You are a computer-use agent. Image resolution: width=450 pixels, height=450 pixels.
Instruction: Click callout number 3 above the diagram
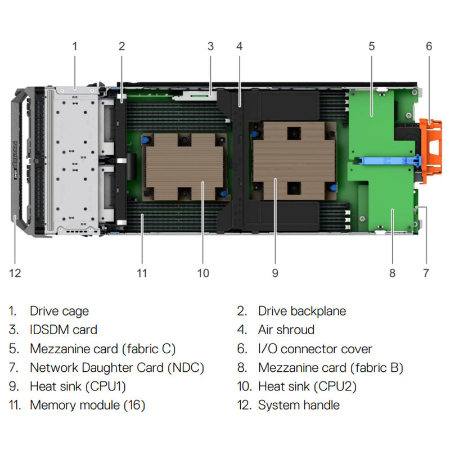[x=210, y=46]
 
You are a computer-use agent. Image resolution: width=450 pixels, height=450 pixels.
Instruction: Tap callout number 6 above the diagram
[x=429, y=46]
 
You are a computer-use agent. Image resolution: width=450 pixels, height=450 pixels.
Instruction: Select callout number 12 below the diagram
[x=15, y=273]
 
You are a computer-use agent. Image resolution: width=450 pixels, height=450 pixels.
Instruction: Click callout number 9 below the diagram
[x=275, y=273]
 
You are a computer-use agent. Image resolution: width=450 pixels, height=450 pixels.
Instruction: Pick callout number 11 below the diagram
[x=142, y=273]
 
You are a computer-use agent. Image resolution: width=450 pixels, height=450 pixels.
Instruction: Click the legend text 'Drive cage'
[x=59, y=311]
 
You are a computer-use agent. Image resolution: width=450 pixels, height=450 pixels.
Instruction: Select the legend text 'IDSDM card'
[x=63, y=330]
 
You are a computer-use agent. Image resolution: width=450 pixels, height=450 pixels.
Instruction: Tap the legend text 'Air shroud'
[x=286, y=330]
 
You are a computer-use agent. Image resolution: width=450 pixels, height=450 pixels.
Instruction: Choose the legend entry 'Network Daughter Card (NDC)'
[x=116, y=368]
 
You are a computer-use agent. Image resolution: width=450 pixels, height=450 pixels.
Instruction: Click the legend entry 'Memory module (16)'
[x=87, y=404]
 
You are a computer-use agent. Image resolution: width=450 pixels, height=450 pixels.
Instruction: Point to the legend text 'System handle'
[x=299, y=404]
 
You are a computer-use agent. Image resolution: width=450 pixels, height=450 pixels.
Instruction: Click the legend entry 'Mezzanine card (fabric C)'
[x=102, y=349]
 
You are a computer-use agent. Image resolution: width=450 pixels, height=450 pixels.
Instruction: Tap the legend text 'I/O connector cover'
[x=315, y=349]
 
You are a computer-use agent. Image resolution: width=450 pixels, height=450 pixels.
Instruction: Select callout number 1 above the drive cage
[x=74, y=46]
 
